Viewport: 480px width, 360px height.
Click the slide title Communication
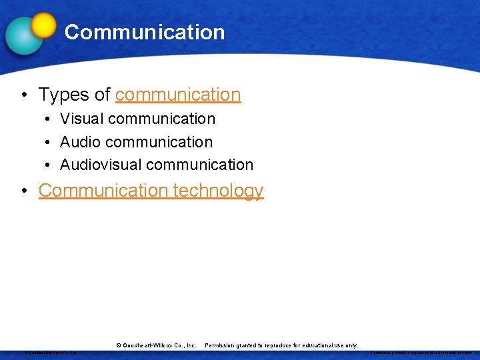(x=145, y=32)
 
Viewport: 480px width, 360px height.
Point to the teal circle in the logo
(x=23, y=35)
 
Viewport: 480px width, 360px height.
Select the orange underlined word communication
(x=178, y=95)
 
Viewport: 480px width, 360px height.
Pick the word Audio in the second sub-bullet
(x=81, y=142)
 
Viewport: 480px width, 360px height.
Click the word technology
(x=218, y=191)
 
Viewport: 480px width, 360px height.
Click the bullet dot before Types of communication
(x=23, y=95)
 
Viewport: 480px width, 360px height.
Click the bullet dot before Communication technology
(x=23, y=191)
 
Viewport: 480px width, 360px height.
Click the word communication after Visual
(x=161, y=119)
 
